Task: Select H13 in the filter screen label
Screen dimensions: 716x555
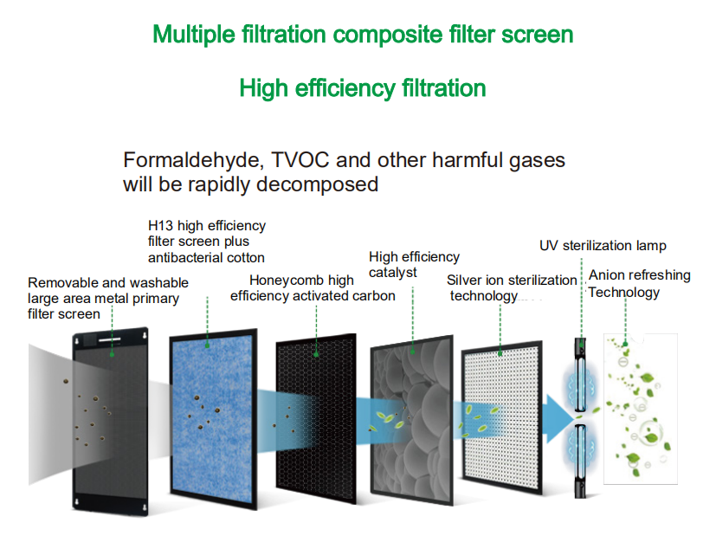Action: click(160, 226)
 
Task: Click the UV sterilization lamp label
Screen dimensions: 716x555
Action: click(603, 246)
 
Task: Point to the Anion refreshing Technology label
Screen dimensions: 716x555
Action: click(639, 284)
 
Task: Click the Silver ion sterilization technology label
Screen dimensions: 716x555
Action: click(512, 287)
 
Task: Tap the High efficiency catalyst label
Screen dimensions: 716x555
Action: click(414, 264)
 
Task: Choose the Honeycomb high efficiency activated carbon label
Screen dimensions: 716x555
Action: click(313, 287)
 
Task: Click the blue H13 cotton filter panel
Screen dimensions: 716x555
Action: click(213, 418)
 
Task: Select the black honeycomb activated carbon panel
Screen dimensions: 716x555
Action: click(316, 419)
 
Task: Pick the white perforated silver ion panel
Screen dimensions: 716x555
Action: click(502, 417)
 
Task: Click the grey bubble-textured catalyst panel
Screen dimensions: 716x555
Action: click(412, 420)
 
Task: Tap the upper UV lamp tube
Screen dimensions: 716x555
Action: click(580, 375)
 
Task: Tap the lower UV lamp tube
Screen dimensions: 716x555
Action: click(580, 461)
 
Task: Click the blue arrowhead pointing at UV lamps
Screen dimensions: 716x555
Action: click(560, 418)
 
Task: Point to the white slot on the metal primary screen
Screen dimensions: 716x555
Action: click(110, 340)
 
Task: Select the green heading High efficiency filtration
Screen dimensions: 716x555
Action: click(363, 88)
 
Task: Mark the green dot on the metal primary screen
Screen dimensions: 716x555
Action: click(112, 354)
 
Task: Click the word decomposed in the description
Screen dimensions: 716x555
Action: click(317, 185)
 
